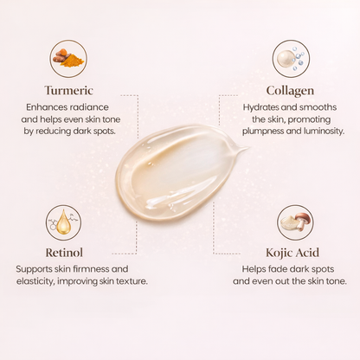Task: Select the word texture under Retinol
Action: [125, 281]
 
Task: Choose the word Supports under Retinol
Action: [35, 269]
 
